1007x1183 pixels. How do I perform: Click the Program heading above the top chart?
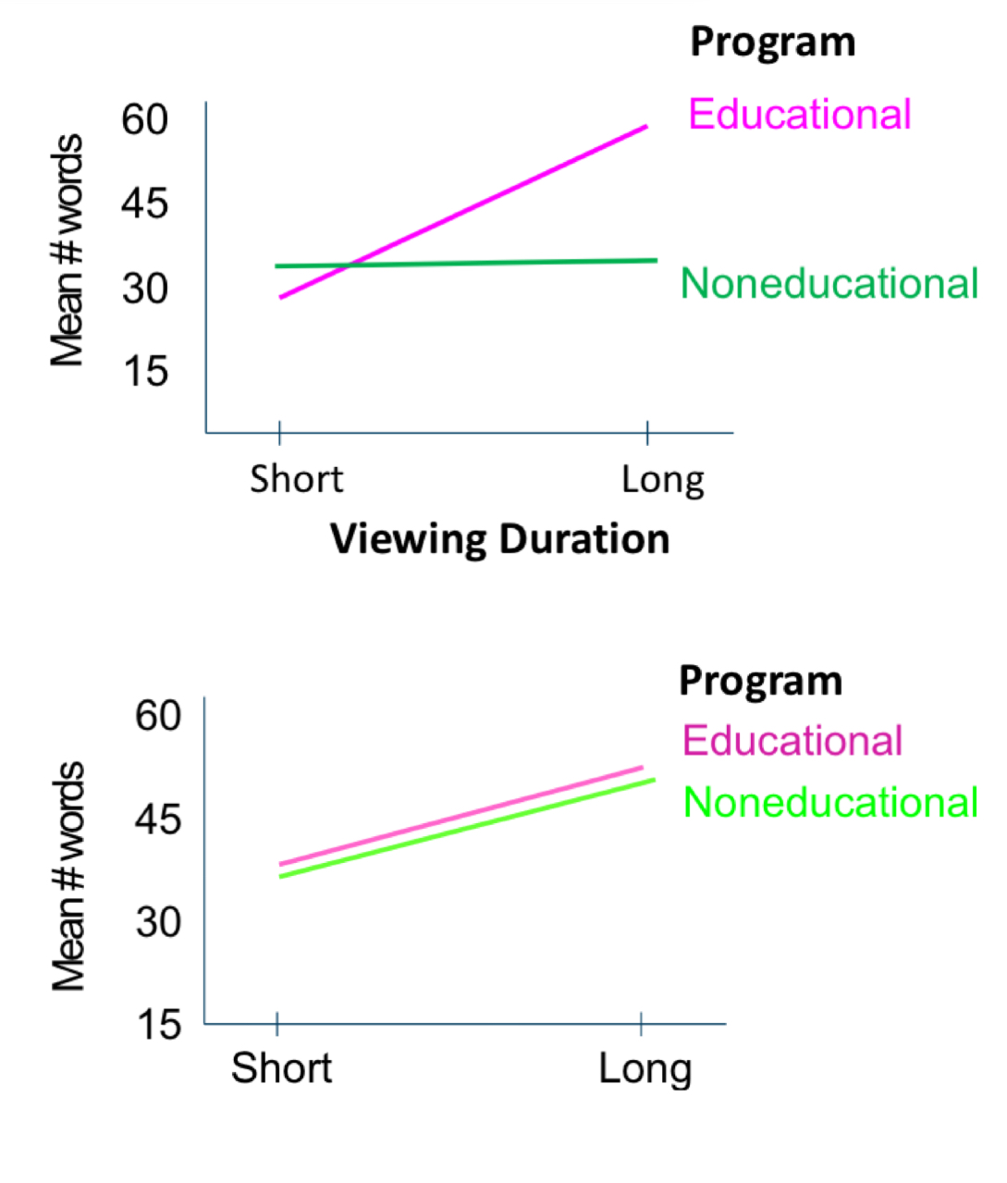tap(772, 43)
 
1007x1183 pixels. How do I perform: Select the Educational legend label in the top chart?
tap(799, 115)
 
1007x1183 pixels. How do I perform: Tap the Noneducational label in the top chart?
tap(829, 283)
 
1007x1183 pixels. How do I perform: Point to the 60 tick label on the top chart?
tap(145, 119)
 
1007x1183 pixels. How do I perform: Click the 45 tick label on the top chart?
tap(145, 203)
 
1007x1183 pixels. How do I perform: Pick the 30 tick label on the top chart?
tap(145, 289)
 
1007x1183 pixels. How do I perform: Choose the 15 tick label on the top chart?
tap(145, 372)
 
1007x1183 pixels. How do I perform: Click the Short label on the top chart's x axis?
tap(296, 479)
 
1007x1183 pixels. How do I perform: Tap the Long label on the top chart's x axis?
tap(662, 480)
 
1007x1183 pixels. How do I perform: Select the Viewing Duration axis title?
tap(499, 539)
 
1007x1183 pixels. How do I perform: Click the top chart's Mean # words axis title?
tap(68, 250)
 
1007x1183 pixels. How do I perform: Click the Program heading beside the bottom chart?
tap(760, 681)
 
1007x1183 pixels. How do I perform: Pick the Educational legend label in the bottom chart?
tap(792, 741)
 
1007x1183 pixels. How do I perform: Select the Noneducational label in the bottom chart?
tap(829, 802)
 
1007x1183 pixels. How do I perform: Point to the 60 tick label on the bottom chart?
tap(158, 715)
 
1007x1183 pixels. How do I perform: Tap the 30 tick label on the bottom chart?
tap(158, 921)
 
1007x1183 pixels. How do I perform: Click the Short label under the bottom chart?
tap(281, 1068)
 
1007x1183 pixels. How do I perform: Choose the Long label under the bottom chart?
tap(645, 1069)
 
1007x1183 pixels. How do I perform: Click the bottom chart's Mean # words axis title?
tap(68, 877)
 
